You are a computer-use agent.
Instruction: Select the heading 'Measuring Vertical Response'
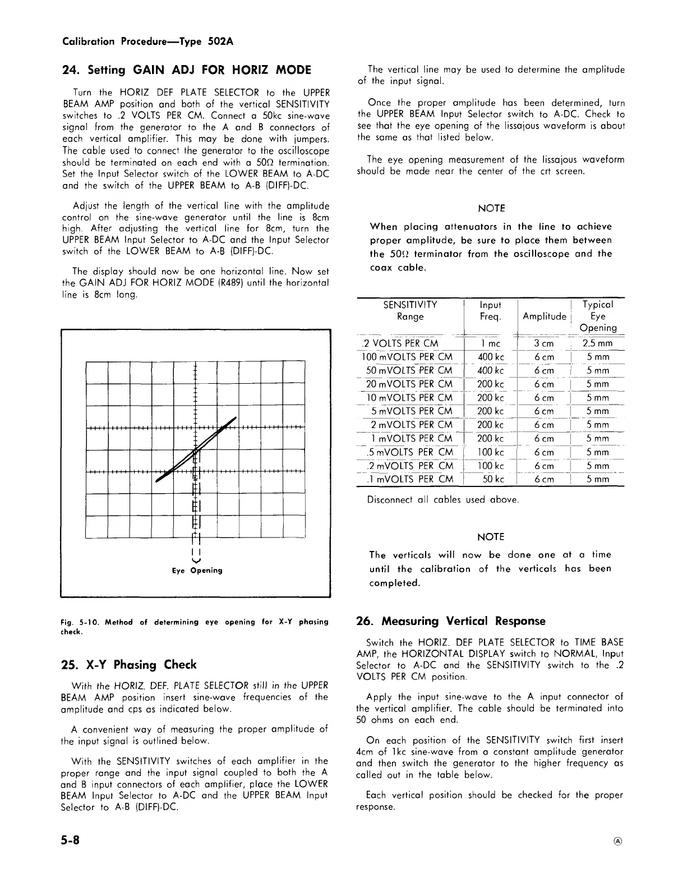click(x=463, y=621)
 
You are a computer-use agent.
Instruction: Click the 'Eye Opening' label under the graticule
click(x=197, y=571)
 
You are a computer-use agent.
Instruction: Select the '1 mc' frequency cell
click(x=491, y=343)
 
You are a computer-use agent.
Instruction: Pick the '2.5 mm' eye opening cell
click(x=597, y=343)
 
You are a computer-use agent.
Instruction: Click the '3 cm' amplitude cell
click(x=543, y=343)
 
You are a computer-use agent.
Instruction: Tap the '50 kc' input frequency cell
click(x=491, y=479)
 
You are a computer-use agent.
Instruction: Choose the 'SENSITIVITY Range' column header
click(x=410, y=310)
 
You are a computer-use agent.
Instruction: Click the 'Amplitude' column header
click(x=543, y=316)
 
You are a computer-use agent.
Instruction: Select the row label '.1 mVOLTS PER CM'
click(x=409, y=479)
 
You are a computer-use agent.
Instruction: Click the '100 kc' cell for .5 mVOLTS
click(x=491, y=452)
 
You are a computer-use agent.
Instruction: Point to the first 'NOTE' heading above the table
click(x=491, y=209)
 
